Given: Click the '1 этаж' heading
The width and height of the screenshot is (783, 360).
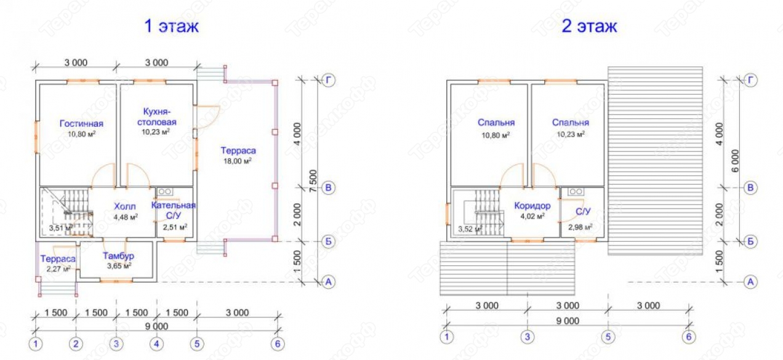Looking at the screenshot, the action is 172,26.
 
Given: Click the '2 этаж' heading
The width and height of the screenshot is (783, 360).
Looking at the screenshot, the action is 589,26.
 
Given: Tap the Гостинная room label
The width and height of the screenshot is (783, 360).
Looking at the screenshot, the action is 81,123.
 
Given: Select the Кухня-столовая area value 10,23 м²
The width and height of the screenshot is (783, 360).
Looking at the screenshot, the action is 156,132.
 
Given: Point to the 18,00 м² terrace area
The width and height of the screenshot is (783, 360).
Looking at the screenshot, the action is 238,161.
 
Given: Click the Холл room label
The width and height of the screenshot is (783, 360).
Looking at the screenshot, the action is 125,206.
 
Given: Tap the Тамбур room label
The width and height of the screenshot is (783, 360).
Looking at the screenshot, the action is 119,256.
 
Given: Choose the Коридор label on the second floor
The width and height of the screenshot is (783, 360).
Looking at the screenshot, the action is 532,206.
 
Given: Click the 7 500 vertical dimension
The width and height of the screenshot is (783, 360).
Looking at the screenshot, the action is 313,181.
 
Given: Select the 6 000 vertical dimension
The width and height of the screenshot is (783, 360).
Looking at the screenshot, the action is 735,161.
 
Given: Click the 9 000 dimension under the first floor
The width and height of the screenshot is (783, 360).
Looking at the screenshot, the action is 156,326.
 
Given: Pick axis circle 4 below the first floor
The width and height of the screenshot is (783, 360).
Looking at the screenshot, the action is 156,344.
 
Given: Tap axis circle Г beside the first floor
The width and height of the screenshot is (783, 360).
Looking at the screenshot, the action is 328,81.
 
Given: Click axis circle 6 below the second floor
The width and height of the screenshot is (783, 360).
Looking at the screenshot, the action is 689,337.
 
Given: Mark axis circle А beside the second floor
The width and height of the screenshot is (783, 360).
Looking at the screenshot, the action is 750,282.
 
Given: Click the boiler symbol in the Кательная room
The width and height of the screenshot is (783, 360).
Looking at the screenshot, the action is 164,192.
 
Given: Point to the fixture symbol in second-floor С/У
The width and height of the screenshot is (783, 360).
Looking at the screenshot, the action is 576,191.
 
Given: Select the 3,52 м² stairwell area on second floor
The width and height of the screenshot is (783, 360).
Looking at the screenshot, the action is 470,230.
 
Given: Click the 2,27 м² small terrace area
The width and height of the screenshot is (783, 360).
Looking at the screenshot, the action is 58,269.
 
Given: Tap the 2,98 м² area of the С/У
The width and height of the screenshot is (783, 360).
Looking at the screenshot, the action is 580,227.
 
